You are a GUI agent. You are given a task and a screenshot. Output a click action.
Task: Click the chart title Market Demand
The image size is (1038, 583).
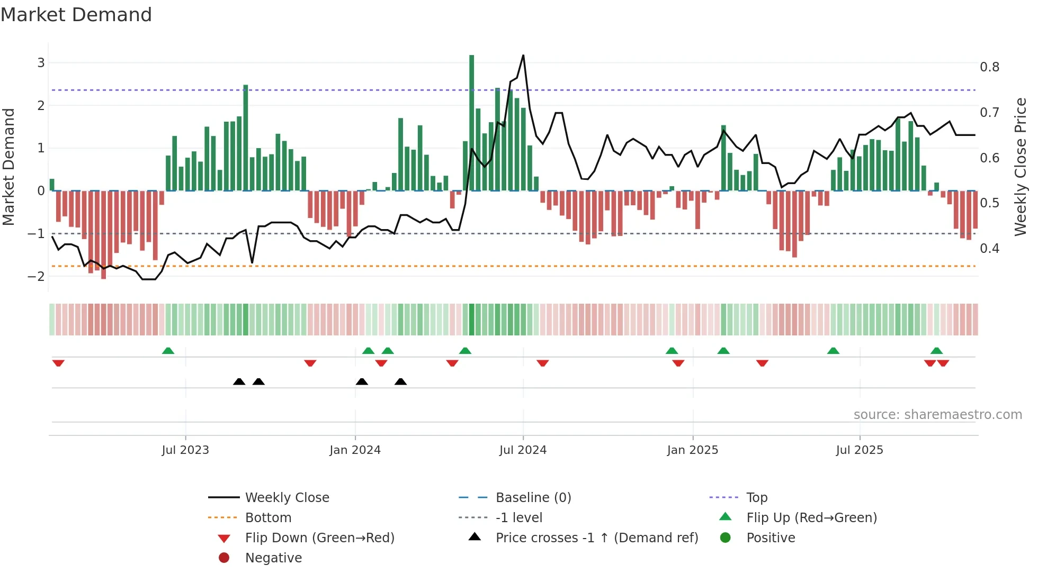pyautogui.click(x=76, y=15)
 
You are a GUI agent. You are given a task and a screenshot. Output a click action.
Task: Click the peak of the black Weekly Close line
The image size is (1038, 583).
pyautogui.click(x=523, y=55)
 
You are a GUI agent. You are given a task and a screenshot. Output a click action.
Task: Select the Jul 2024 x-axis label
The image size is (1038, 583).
pyautogui.click(x=523, y=450)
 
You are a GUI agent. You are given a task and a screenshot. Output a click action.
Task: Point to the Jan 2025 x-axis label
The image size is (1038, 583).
pyautogui.click(x=692, y=450)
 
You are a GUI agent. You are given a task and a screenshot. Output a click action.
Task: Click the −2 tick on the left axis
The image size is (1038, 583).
pyautogui.click(x=37, y=276)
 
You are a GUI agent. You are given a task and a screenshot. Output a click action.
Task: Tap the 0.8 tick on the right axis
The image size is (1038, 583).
pyautogui.click(x=989, y=67)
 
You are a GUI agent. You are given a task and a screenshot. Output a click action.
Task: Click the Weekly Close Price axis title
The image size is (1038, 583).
pyautogui.click(x=1020, y=167)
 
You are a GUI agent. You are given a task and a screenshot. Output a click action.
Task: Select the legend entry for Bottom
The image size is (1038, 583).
pyautogui.click(x=268, y=517)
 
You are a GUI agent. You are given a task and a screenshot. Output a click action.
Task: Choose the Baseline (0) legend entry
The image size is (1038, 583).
pyautogui.click(x=533, y=497)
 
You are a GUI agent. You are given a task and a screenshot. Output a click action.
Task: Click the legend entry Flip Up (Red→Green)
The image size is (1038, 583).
pyautogui.click(x=811, y=517)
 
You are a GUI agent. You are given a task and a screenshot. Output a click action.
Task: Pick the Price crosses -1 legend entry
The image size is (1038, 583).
pyautogui.click(x=596, y=538)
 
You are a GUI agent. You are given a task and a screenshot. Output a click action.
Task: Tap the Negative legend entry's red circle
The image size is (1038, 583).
pyautogui.click(x=224, y=558)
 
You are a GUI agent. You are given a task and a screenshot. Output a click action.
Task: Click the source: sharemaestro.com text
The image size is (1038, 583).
pyautogui.click(x=937, y=414)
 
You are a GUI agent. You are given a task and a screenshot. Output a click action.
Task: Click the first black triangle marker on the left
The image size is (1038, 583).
pyautogui.click(x=239, y=381)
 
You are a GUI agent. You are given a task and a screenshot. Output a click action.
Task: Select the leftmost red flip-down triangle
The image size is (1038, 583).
pyautogui.click(x=58, y=363)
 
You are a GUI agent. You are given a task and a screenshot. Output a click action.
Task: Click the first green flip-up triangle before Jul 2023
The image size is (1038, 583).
pyautogui.click(x=168, y=350)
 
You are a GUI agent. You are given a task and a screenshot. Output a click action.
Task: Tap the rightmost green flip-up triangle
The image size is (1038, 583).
pyautogui.click(x=936, y=350)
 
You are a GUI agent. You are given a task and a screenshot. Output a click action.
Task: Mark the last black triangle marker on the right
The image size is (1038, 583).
pyautogui.click(x=401, y=381)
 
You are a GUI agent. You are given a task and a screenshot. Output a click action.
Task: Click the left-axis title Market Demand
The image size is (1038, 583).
pyautogui.click(x=8, y=167)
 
